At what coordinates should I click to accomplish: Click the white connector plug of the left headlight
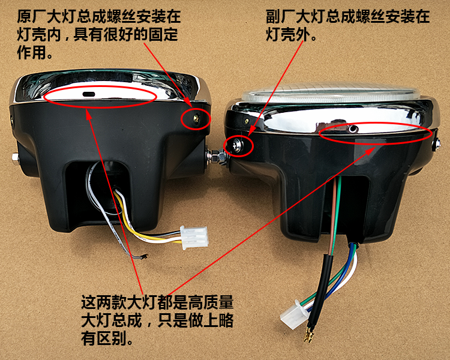(x=194, y=238)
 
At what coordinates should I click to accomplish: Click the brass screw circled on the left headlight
(x=196, y=118)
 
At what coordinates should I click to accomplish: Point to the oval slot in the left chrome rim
(x=89, y=94)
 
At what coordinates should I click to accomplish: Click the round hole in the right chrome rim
(x=352, y=130)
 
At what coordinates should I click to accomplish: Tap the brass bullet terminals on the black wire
(x=308, y=336)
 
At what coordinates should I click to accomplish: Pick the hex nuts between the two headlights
(x=218, y=157)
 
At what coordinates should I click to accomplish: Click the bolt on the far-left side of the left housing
(x=15, y=158)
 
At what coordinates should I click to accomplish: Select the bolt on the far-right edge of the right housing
(x=436, y=145)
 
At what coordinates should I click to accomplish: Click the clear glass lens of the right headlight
(x=331, y=92)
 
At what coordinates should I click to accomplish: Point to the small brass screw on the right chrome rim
(x=246, y=121)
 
